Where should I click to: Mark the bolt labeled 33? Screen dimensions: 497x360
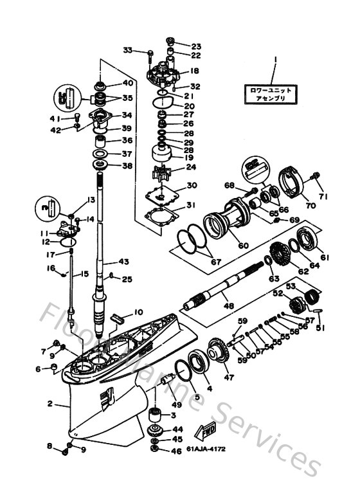point(148,54)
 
